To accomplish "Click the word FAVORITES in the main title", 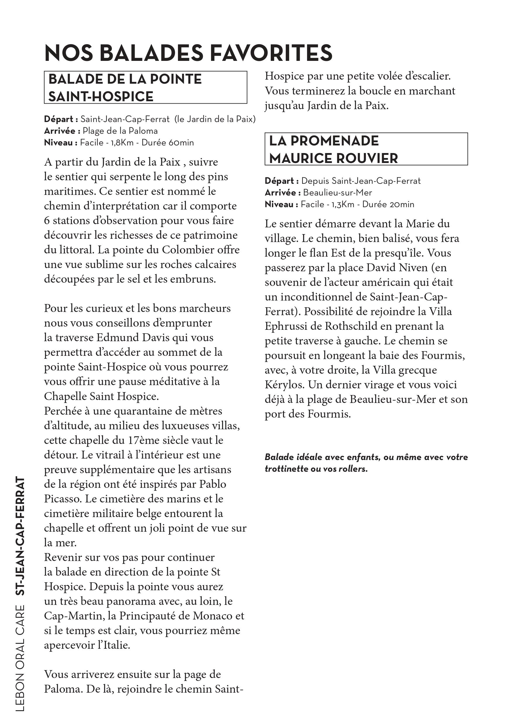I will click(x=271, y=53).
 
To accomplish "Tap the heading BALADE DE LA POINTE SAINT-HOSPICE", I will click(x=125, y=87).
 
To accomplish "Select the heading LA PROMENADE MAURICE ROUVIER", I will click(x=333, y=150).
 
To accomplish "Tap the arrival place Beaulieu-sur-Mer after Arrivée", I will click(x=338, y=193).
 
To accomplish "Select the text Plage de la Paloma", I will click(x=120, y=131).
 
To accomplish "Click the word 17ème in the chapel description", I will click(x=139, y=440).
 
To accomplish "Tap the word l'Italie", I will click(x=113, y=645).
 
